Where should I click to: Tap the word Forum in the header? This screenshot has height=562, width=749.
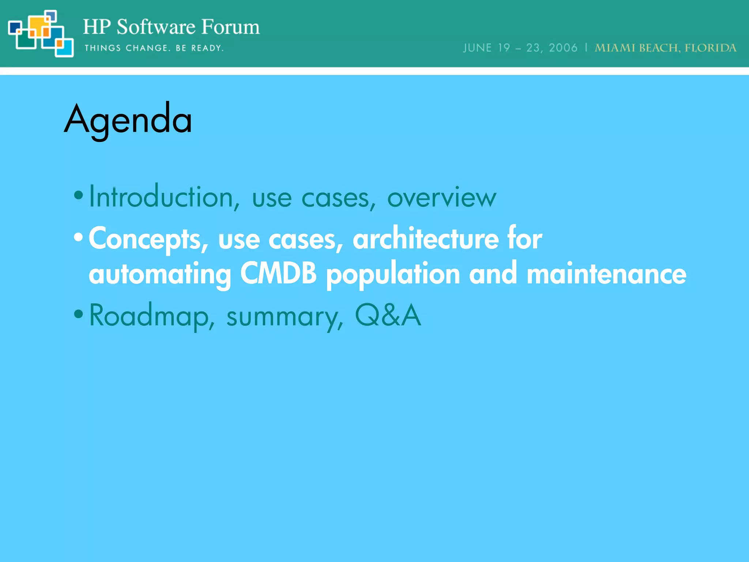pos(230,27)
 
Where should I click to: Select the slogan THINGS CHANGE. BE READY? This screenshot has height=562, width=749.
pos(154,48)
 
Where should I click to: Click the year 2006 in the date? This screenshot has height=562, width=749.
pos(563,48)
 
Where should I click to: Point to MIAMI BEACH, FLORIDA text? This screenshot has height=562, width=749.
pos(665,48)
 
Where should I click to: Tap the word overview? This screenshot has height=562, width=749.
pos(441,198)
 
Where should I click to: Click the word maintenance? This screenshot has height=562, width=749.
pos(606,274)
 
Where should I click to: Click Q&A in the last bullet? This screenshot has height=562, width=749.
pos(388,315)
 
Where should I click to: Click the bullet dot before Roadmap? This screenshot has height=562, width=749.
pos(78,314)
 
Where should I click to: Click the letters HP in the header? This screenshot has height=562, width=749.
pos(97,27)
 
